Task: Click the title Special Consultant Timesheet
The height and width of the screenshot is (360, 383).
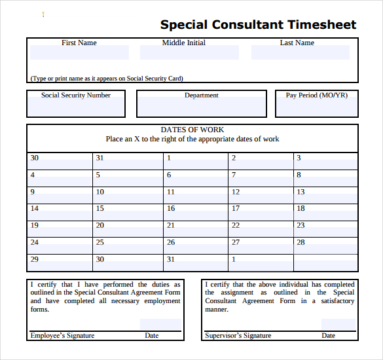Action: (258, 25)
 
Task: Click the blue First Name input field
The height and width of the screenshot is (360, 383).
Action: (79, 53)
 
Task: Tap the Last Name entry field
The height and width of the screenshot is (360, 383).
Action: (297, 53)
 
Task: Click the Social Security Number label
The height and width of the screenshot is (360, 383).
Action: (76, 95)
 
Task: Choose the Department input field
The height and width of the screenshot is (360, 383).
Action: (202, 107)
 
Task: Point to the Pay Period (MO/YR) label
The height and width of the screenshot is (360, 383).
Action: (317, 95)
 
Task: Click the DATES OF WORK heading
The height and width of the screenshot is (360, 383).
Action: (192, 130)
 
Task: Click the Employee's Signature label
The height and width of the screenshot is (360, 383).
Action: (62, 336)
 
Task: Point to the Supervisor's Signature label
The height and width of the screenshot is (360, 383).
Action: (238, 336)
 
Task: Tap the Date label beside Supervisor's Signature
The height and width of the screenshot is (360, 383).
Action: (328, 336)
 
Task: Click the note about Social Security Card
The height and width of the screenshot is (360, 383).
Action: (107, 79)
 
